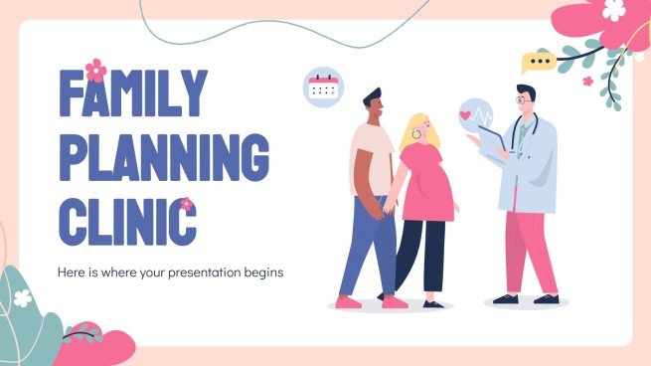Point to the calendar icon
click(324, 88)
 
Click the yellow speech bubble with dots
click(539, 62)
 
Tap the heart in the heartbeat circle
click(466, 115)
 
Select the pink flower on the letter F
click(95, 70)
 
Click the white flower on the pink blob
click(614, 10)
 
